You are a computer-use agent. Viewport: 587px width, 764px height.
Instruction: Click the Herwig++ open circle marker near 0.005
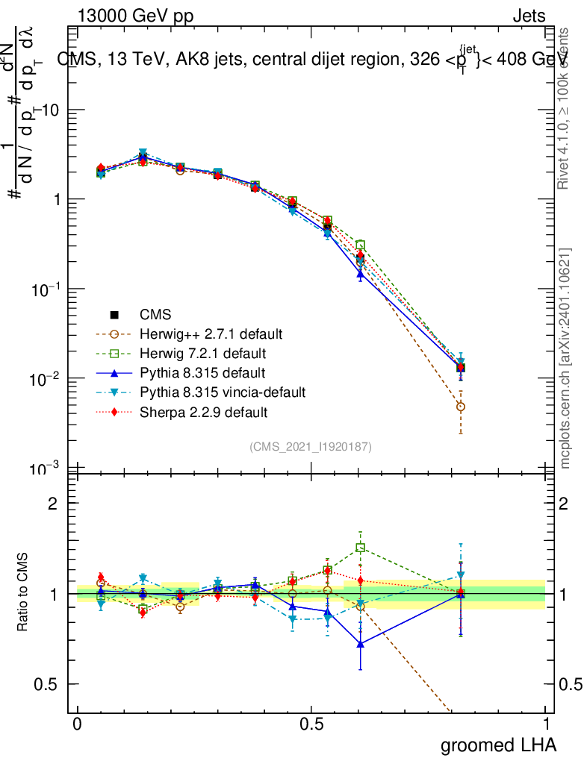[461, 407]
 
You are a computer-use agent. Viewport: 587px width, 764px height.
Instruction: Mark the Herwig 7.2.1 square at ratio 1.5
[361, 548]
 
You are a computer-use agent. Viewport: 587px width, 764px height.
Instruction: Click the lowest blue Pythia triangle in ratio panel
[361, 643]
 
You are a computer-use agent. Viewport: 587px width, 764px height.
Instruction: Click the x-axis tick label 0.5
[311, 724]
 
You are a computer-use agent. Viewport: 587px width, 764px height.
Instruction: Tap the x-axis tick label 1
[545, 724]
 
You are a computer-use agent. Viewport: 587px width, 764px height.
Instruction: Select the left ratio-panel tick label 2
[53, 504]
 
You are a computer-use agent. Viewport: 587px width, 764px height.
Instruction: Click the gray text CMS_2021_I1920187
[311, 447]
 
